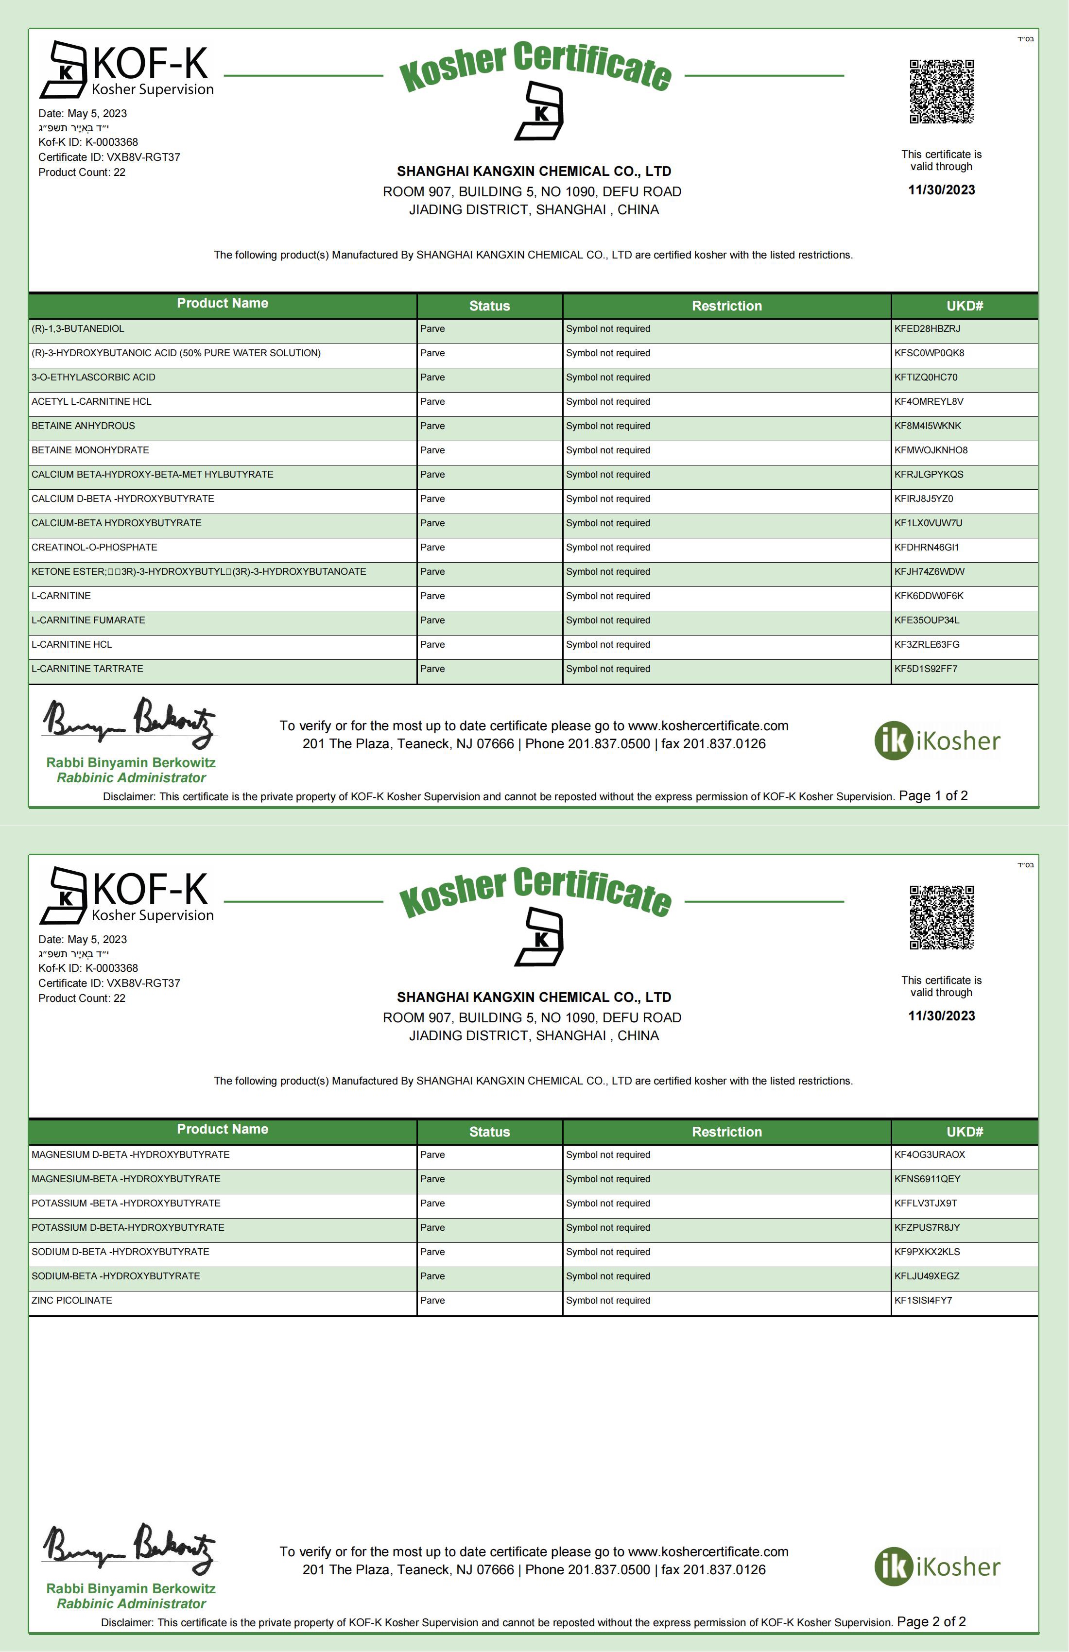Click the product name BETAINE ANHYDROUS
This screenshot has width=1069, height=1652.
click(83, 426)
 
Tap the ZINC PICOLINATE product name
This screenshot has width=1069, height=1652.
click(71, 1300)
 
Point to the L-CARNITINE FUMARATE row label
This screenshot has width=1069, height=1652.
click(88, 620)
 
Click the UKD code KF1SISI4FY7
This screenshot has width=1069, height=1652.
click(923, 1300)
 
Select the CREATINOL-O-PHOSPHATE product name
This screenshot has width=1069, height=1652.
click(94, 547)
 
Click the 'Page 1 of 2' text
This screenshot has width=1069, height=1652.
click(933, 795)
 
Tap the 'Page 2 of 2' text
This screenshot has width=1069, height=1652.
click(931, 1621)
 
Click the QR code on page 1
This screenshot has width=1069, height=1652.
click(941, 92)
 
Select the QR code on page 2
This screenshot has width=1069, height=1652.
click(941, 918)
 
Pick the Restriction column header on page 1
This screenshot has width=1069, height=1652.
click(726, 306)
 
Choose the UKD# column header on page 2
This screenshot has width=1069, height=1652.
click(964, 1132)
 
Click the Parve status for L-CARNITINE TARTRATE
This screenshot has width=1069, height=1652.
click(432, 669)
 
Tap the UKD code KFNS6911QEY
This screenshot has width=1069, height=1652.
click(927, 1179)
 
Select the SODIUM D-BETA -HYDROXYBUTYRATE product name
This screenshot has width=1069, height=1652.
click(120, 1252)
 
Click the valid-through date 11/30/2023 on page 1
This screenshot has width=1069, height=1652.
click(941, 189)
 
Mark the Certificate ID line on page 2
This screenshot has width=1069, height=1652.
click(109, 983)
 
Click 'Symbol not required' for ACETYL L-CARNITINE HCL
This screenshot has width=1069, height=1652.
click(607, 401)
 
